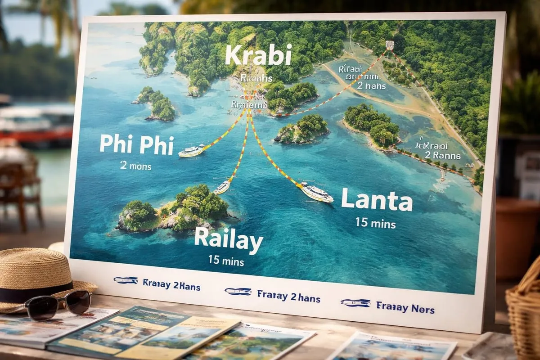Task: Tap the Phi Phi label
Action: [x=136, y=144]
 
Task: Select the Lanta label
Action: [x=377, y=201]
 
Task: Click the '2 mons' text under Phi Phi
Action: [x=135, y=166]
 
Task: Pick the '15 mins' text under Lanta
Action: [x=375, y=222]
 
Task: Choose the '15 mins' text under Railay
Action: [x=226, y=261]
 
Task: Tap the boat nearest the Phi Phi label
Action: [x=191, y=151]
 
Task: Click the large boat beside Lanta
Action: [x=316, y=192]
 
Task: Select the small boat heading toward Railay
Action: [x=222, y=187]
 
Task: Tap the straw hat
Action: [x=34, y=279]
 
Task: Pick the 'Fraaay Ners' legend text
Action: [x=405, y=309]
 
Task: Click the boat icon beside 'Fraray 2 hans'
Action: [x=238, y=291]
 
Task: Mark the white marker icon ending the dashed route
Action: [x=390, y=45]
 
